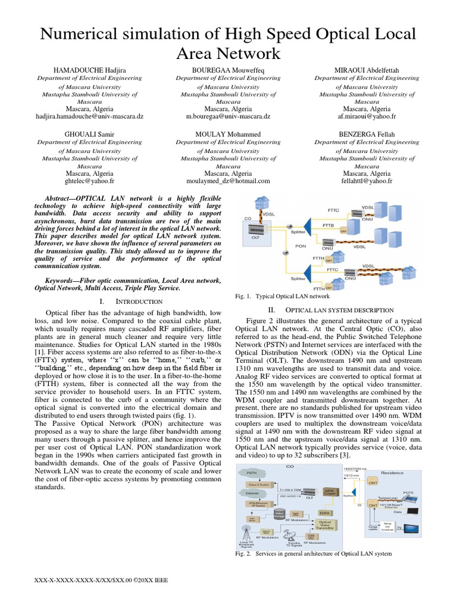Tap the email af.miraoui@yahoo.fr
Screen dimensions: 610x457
pyautogui.click(x=367, y=117)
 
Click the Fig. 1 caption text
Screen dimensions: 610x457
pyautogui.click(x=283, y=296)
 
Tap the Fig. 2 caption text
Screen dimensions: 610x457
pyautogui.click(x=314, y=553)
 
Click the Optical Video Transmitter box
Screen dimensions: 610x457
pyautogui.click(x=325, y=525)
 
